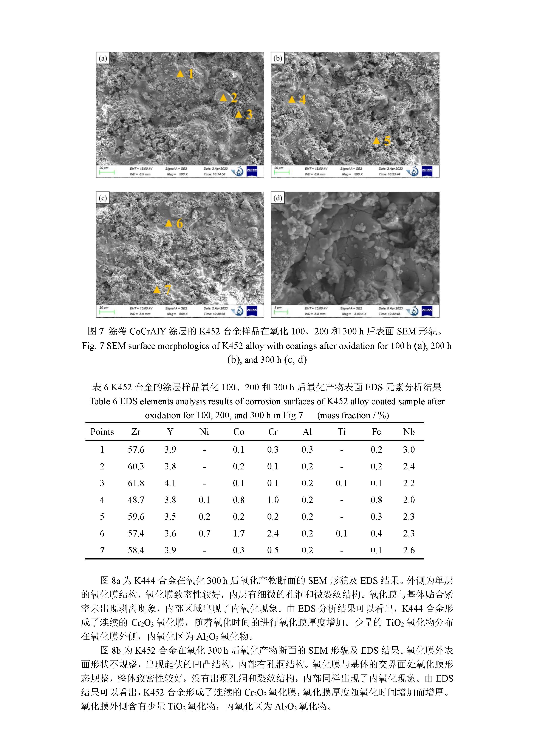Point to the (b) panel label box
(278, 58)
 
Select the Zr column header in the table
(136, 432)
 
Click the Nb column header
(409, 432)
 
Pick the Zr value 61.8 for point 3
(136, 483)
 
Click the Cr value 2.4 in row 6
(272, 533)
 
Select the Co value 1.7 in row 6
(238, 533)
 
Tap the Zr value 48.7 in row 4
(136, 500)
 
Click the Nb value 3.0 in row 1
(409, 450)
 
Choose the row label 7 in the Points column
(102, 550)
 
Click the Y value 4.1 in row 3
(170, 483)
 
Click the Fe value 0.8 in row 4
(376, 500)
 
